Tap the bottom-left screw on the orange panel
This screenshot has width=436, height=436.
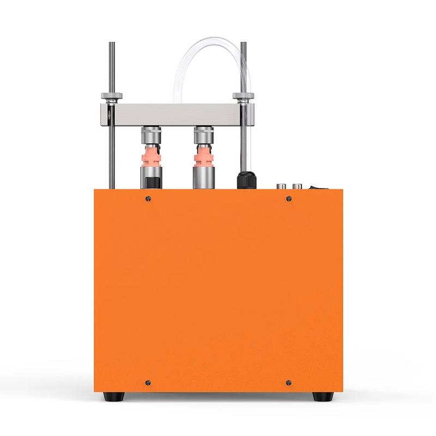pos(148,381)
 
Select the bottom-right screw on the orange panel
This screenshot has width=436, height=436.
pos(288,381)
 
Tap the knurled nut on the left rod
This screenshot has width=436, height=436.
pos(111,98)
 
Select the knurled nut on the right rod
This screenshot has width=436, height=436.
pos(243,98)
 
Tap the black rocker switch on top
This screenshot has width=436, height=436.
pos(312,186)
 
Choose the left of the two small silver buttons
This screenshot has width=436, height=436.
pos(281,186)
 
